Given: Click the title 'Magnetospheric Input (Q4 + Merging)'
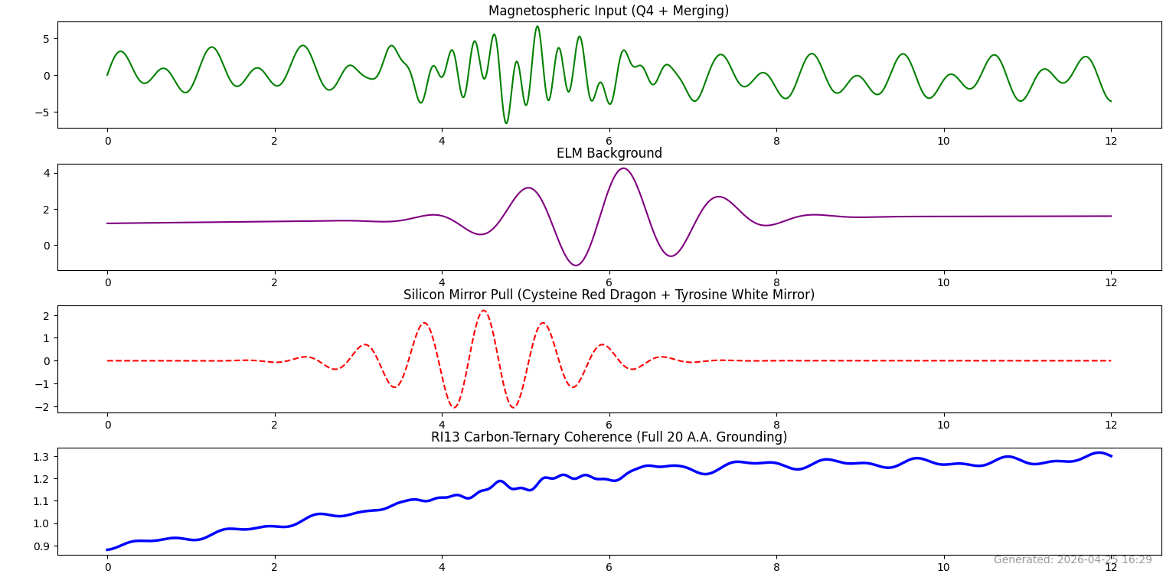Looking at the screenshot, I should [x=609, y=11].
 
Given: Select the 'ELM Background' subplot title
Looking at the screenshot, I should [x=609, y=153].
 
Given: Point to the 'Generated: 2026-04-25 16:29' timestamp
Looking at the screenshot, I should [x=1072, y=559].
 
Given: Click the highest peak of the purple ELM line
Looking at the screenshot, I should [x=623, y=168].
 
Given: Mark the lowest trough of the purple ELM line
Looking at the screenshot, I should [x=576, y=265].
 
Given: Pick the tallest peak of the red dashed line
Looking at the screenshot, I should [x=483, y=311].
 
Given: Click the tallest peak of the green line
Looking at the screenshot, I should [x=537, y=27].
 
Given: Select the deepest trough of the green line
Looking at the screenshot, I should [x=505, y=122].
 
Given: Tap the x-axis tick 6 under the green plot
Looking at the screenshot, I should [x=609, y=142].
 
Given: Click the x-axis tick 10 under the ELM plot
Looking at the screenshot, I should [x=943, y=283].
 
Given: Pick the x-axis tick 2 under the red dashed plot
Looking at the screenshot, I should [x=274, y=425].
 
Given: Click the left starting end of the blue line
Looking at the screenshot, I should [x=108, y=549].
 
